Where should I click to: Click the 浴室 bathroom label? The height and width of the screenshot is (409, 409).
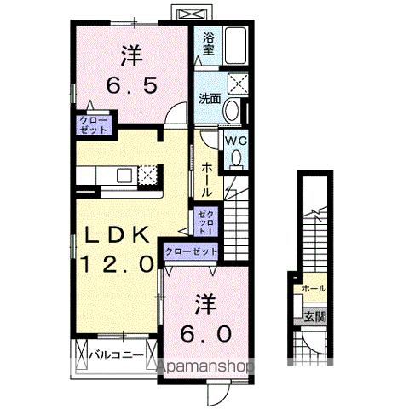(x=208, y=44)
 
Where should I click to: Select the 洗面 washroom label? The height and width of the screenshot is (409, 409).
(x=209, y=98)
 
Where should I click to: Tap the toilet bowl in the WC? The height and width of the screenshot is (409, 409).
(x=235, y=158)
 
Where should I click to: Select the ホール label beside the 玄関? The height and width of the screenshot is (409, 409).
(x=313, y=290)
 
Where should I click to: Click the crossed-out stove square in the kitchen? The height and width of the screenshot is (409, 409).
(x=148, y=175)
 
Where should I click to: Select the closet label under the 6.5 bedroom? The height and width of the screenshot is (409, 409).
(x=94, y=126)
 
